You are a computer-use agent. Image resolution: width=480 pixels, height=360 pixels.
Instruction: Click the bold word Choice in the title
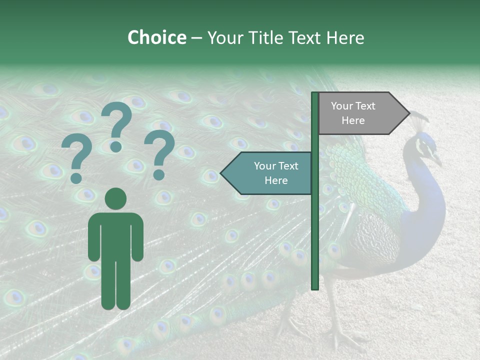point(156,37)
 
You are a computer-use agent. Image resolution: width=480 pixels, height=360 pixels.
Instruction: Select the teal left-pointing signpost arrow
point(267,173)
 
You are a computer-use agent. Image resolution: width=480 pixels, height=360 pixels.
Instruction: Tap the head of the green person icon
point(116,198)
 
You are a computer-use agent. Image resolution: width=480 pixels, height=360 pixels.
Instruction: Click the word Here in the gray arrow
point(353,120)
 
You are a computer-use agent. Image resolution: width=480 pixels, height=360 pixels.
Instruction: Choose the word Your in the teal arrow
point(265,166)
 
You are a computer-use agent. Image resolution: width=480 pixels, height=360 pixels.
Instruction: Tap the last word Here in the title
point(345,37)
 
